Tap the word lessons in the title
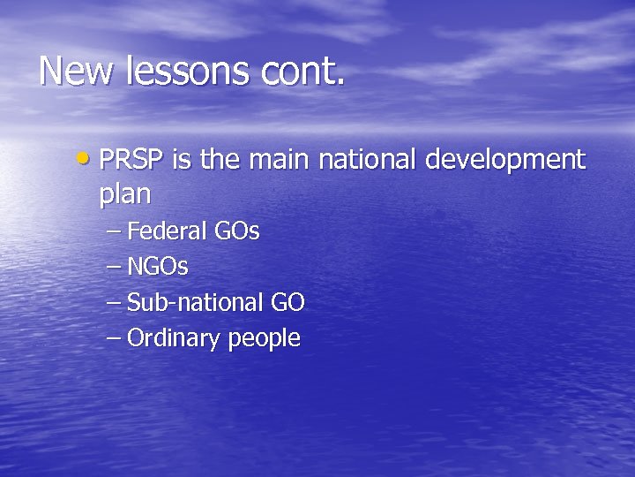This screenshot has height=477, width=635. pos(185,71)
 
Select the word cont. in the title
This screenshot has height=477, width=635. pos(303,71)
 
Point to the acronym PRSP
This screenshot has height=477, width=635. pos(132,160)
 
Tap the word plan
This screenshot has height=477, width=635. pos(125,194)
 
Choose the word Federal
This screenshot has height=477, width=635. pos(168,231)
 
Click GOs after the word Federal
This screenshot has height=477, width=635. pos(237,231)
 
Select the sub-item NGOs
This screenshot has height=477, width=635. pos(158,267)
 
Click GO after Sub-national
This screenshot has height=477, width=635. pos(288,302)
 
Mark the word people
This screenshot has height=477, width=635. pos(265,339)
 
